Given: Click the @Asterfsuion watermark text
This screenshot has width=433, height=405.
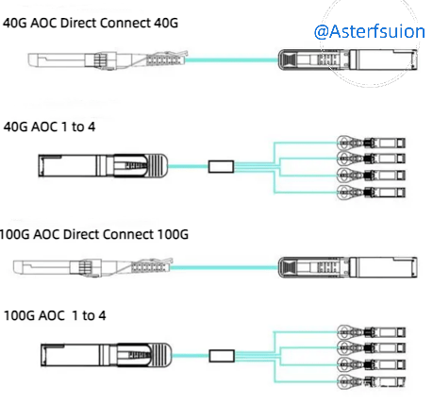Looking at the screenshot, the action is click(x=370, y=31).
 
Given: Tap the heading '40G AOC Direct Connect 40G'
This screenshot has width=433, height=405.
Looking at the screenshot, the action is click(x=91, y=23).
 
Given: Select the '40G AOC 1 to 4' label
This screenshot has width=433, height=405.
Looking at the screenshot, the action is click(x=49, y=127).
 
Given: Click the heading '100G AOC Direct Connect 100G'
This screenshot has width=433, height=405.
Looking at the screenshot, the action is click(x=94, y=234).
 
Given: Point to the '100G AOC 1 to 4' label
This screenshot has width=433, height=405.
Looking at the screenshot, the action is click(x=55, y=315).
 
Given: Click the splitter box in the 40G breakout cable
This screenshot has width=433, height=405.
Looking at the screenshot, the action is click(x=221, y=166).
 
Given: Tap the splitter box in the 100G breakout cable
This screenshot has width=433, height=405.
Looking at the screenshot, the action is click(x=222, y=356).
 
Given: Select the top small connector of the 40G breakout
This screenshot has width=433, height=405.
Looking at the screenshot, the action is click(x=371, y=143).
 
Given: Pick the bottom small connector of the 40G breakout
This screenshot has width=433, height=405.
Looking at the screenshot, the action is click(x=371, y=192).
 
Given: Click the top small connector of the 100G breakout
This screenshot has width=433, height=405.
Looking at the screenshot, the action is click(x=371, y=332).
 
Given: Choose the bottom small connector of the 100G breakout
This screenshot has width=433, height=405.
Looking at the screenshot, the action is click(x=371, y=382).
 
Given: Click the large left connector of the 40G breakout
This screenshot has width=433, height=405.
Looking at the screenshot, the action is click(x=103, y=165).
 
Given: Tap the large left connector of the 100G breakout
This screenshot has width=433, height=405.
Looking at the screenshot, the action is click(x=107, y=355).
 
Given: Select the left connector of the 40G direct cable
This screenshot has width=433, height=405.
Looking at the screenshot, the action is click(x=108, y=59).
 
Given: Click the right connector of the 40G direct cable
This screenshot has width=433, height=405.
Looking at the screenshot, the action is click(x=348, y=59).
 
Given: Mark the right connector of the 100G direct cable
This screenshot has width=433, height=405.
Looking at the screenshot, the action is click(x=348, y=267).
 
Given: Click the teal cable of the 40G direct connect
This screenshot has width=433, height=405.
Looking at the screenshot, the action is click(x=232, y=59).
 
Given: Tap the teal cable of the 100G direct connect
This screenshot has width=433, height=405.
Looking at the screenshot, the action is click(x=225, y=267).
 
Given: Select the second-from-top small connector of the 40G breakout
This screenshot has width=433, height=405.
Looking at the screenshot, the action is click(x=371, y=159).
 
